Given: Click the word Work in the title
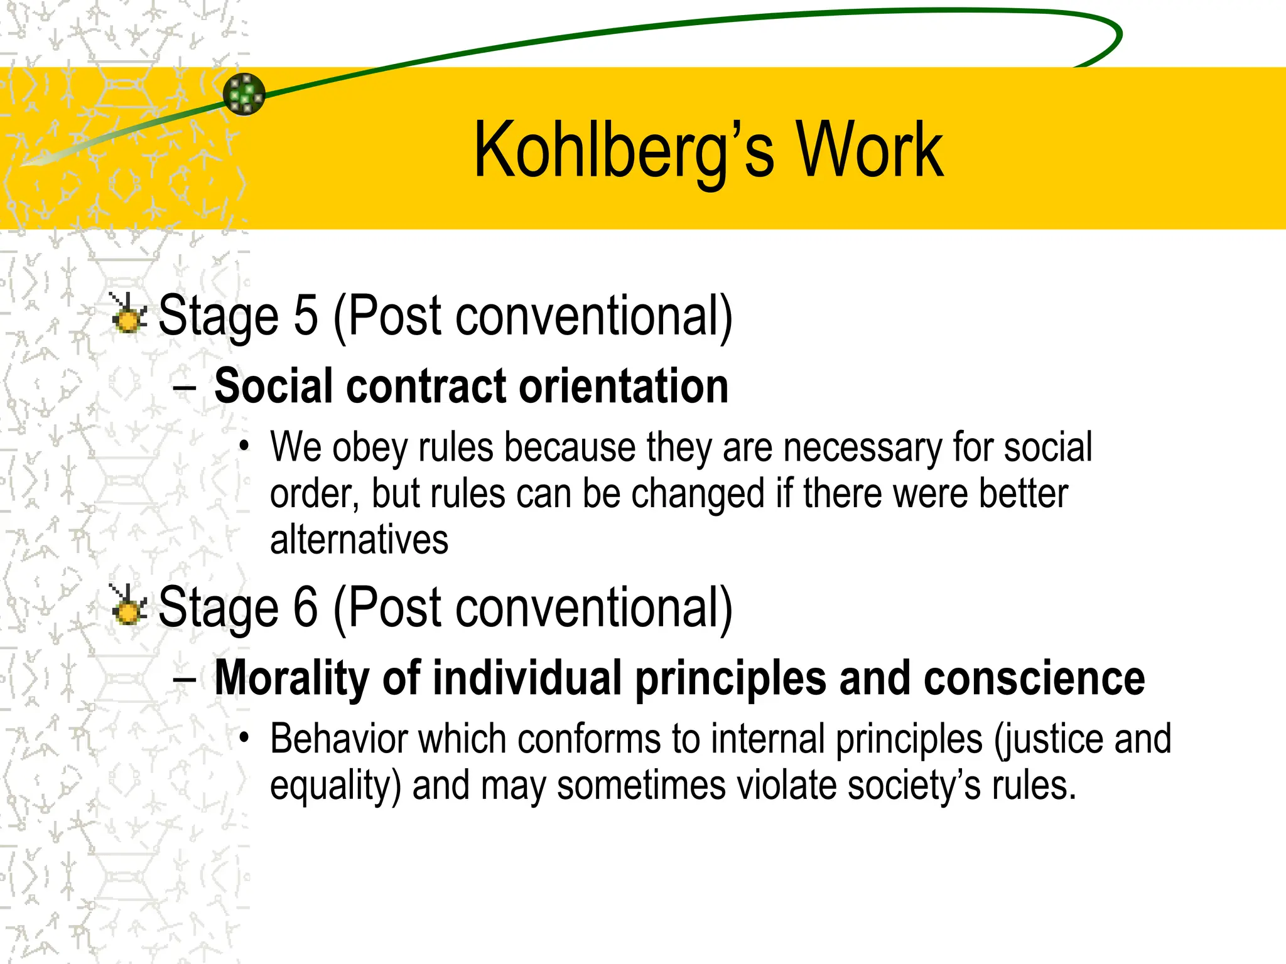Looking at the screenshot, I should point(870,151).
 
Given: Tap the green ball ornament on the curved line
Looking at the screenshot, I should point(244,94).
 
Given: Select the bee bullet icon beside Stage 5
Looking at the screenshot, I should point(129,314).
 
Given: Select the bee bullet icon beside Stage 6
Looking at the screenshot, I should point(129,606).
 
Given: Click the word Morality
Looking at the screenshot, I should point(292,678).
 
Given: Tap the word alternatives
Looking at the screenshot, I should point(359,540).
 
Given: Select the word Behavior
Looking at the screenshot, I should point(338,739).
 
